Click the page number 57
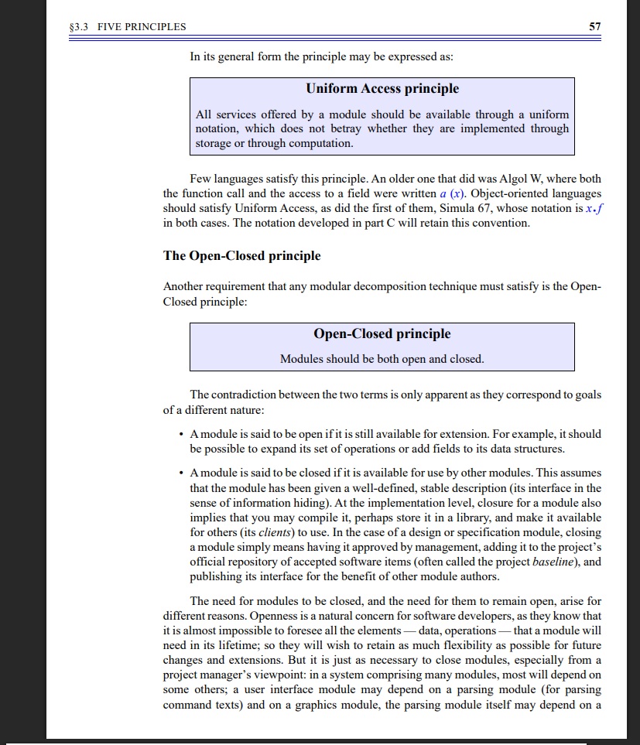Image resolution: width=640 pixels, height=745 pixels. (594, 26)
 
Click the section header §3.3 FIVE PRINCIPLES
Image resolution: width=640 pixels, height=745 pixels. (128, 27)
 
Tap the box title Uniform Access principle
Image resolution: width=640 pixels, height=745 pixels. (382, 89)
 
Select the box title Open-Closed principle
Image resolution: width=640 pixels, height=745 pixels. (382, 334)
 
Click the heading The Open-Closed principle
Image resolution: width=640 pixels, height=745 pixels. (241, 255)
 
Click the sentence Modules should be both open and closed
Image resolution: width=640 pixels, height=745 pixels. (382, 359)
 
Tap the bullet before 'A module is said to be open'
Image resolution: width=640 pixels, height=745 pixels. (180, 434)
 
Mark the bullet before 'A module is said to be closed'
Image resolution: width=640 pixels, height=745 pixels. (180, 472)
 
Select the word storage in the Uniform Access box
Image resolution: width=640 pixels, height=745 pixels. (216, 143)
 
